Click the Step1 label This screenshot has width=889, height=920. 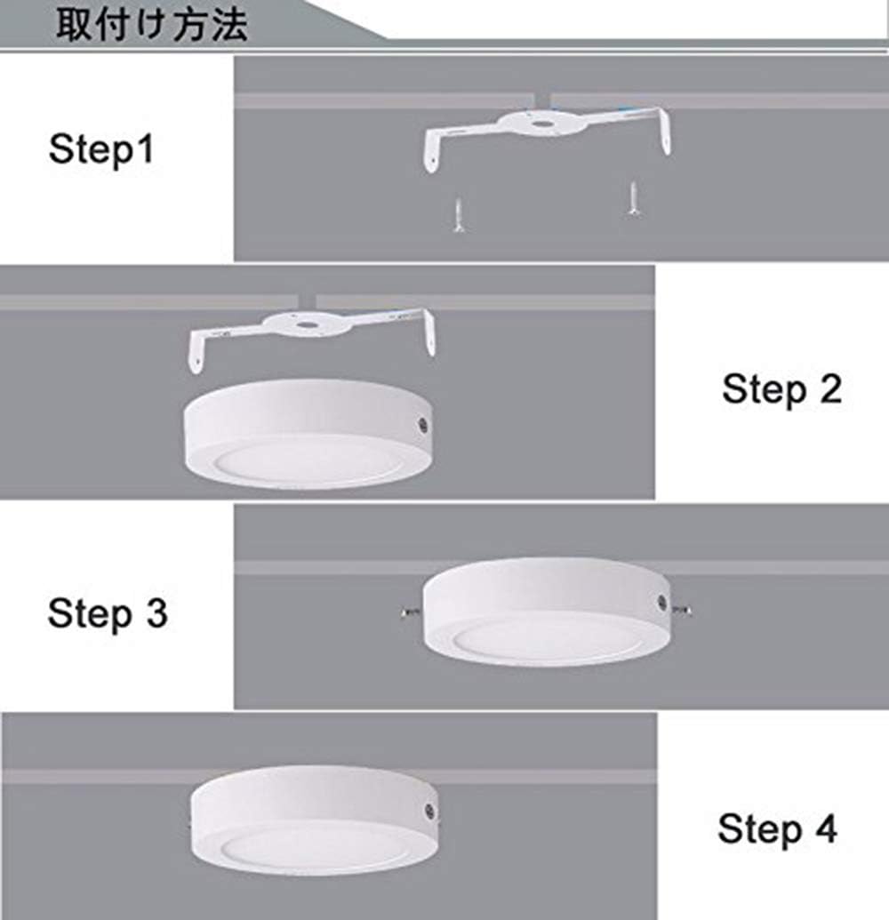[100, 148]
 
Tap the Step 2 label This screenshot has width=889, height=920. [781, 389]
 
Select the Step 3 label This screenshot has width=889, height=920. [108, 613]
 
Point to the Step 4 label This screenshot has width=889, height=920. [777, 828]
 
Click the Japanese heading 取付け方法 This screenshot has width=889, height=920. [152, 24]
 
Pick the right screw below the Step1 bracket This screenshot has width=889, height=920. [633, 198]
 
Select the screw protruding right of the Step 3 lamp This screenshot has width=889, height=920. [685, 609]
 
